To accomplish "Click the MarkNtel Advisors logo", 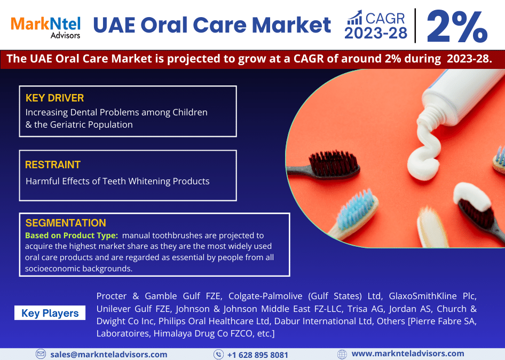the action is (x=45, y=28).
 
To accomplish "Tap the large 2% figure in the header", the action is (x=457, y=26).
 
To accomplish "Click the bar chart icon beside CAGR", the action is (x=354, y=18).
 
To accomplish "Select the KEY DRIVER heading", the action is (x=55, y=98).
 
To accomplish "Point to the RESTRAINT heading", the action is (x=53, y=165).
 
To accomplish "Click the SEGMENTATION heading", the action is (x=66, y=223).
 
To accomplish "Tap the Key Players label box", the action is (x=50, y=313).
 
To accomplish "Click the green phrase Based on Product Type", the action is (x=72, y=236).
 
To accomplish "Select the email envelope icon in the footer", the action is (x=41, y=354).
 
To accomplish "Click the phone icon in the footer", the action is (x=218, y=354).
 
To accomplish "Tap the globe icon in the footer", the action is (x=342, y=354).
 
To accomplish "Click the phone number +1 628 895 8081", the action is (x=258, y=355).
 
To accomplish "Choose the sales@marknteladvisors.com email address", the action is (x=109, y=355).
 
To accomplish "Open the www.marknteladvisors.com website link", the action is (x=408, y=354).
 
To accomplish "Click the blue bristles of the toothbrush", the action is (x=356, y=209).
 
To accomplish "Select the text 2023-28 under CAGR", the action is (x=375, y=33).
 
